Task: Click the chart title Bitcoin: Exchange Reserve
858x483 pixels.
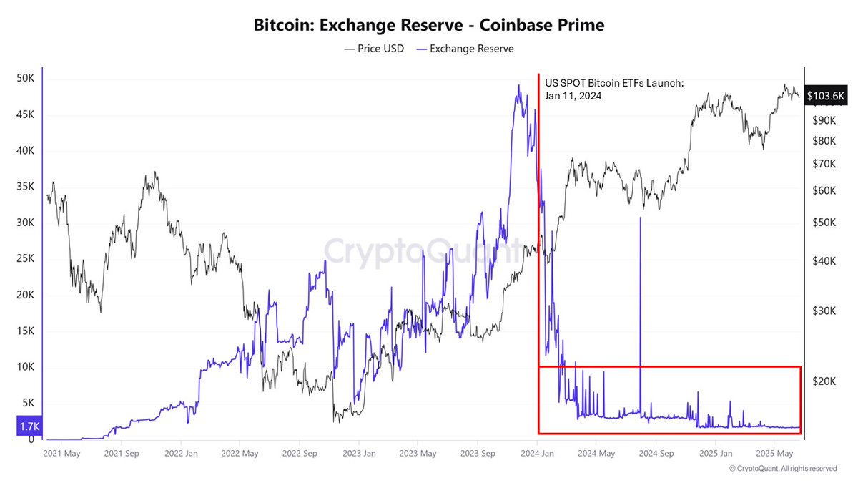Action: (x=429, y=25)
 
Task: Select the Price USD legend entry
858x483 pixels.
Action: (x=375, y=49)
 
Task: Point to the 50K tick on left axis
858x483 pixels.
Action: (x=25, y=78)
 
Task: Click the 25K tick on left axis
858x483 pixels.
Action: (x=25, y=259)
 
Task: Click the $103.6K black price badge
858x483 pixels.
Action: (x=826, y=95)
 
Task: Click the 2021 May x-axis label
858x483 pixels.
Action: (x=61, y=453)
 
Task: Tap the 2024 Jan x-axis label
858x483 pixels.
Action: (x=536, y=453)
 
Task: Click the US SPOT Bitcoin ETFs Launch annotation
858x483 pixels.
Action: (x=613, y=89)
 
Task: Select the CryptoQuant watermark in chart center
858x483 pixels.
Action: (x=422, y=252)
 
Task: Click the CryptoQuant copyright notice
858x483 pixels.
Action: (x=783, y=469)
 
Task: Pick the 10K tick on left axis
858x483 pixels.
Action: (x=25, y=367)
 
